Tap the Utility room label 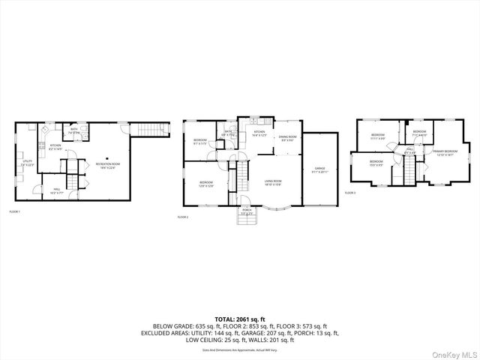(x=27, y=162)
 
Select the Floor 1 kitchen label (x=56, y=147)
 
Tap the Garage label (x=319, y=169)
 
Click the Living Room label (x=272, y=182)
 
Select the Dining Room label (x=287, y=138)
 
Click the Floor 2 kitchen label (x=259, y=133)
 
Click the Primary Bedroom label (x=445, y=152)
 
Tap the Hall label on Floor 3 (x=410, y=151)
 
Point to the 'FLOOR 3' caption (x=350, y=193)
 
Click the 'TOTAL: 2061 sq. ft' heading (x=240, y=319)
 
